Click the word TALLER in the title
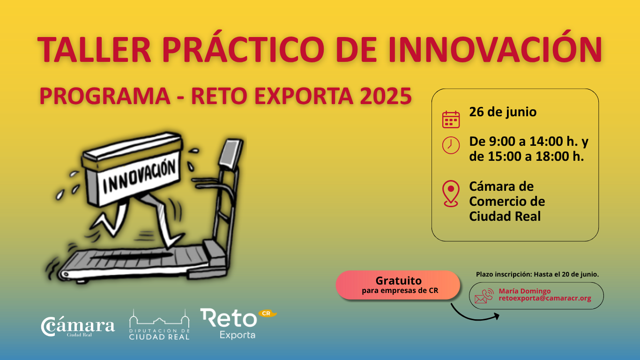pos(94,50)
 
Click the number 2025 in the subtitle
pos(386,96)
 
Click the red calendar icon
pos(451,119)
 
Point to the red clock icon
pos(451,145)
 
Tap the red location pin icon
pos(451,193)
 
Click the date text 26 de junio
pos(503,112)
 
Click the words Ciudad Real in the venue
pos(505,216)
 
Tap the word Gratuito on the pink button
pos(398,280)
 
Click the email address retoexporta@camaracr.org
pos(545,298)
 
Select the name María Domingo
pos(525,291)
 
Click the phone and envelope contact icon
pos(484,296)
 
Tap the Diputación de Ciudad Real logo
pos(159,324)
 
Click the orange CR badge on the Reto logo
pos(267,314)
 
